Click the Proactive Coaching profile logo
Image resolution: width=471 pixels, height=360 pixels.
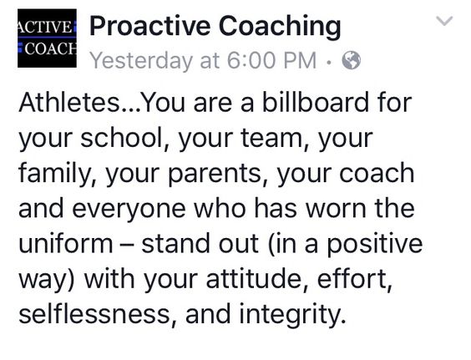click(47, 38)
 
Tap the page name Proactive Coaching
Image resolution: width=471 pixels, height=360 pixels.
click(215, 27)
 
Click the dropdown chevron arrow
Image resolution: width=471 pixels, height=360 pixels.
click(444, 21)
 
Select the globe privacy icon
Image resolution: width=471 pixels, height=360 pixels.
click(351, 60)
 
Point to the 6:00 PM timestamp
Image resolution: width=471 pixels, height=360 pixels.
click(271, 60)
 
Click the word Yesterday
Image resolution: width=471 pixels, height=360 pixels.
click(141, 61)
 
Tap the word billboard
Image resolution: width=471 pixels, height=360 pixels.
click(316, 102)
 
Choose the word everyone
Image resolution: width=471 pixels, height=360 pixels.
click(129, 209)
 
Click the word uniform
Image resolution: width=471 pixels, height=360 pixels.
click(66, 243)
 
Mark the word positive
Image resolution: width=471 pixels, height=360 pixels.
click(375, 244)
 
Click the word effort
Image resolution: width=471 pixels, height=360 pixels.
click(355, 279)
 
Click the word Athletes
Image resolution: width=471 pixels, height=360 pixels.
click(69, 102)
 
